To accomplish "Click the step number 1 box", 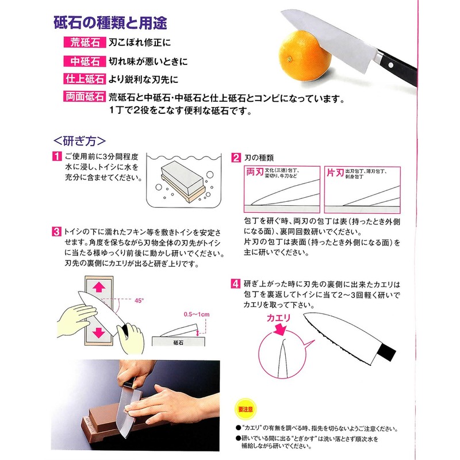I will [57, 157].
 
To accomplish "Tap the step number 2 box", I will [236, 157].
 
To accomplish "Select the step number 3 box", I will [57, 232].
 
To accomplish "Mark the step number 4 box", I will [236, 283].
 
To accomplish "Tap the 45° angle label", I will [140, 300].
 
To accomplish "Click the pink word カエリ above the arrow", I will [278, 317].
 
